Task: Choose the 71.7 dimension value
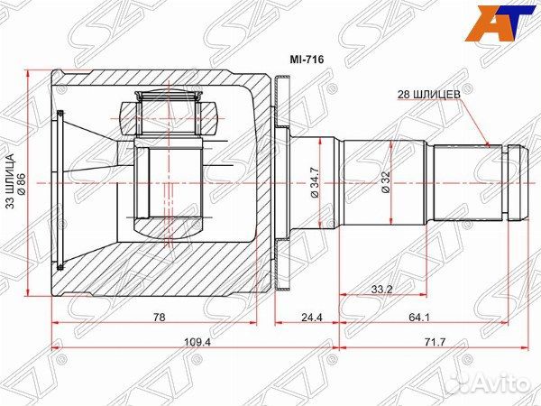(x=435, y=342)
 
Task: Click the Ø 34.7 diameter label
(x=316, y=182)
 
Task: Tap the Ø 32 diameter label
(x=386, y=182)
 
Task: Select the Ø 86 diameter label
(x=21, y=183)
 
